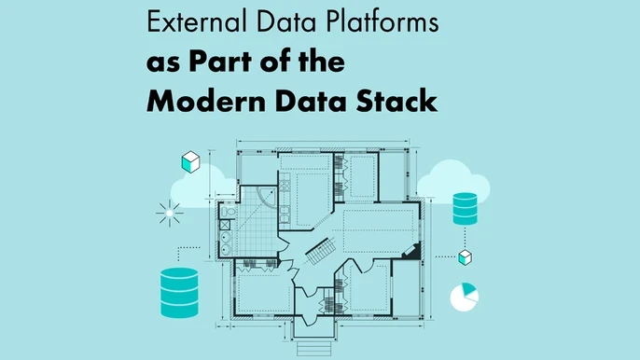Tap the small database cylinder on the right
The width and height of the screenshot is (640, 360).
(x=464, y=208)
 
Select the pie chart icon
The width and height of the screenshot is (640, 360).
(x=464, y=297)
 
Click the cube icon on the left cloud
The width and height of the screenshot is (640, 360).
(x=190, y=162)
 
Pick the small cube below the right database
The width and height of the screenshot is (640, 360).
(x=464, y=255)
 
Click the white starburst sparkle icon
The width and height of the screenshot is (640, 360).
(x=169, y=214)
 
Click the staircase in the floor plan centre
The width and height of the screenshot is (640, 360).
(x=322, y=250)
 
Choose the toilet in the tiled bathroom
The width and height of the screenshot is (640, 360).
(x=227, y=247)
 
